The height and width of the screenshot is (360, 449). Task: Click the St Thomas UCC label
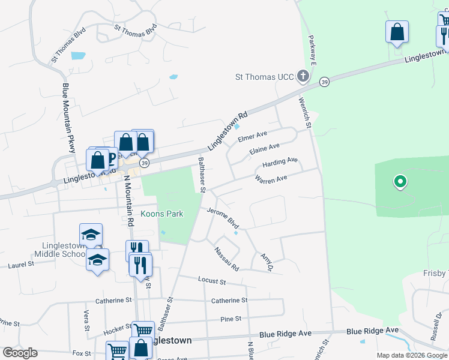pyautogui.click(x=264, y=77)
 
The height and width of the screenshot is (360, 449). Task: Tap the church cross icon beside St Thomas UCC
pyautogui.click(x=304, y=76)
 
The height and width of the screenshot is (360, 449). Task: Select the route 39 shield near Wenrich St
pyautogui.click(x=324, y=82)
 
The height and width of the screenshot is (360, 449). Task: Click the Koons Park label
pyautogui.click(x=161, y=214)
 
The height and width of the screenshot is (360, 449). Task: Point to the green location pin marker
pyautogui.click(x=399, y=181)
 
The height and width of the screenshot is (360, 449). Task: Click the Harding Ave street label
pyautogui.click(x=280, y=162)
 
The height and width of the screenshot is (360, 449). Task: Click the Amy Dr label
pyautogui.click(x=267, y=262)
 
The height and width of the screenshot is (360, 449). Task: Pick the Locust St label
pyautogui.click(x=211, y=281)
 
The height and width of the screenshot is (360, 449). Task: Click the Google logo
pyautogui.click(x=20, y=352)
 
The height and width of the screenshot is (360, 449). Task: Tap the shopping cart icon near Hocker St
pyautogui.click(x=143, y=330)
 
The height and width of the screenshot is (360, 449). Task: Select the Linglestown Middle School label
pyautogui.click(x=64, y=250)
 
